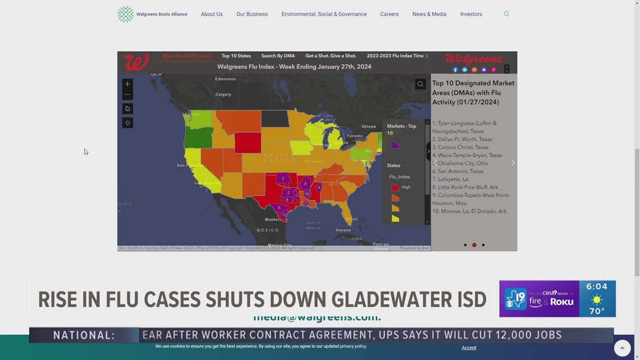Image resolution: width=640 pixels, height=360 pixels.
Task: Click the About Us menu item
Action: (212, 14)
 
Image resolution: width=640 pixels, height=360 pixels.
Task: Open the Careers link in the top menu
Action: (389, 14)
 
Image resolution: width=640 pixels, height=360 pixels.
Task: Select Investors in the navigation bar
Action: (470, 14)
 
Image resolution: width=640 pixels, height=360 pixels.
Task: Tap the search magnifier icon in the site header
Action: (506, 14)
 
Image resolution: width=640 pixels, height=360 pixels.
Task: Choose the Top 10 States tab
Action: (236, 56)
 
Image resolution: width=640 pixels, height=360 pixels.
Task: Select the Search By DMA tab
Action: (278, 56)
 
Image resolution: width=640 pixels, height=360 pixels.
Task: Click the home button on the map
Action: (127, 109)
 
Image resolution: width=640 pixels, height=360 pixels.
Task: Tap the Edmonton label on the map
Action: (225, 79)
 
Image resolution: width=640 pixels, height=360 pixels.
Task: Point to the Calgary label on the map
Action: (223, 94)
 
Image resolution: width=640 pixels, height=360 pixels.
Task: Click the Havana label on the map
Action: (343, 230)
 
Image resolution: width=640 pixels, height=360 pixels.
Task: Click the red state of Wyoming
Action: (248, 142)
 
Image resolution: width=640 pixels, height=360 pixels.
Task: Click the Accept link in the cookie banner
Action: (469, 348)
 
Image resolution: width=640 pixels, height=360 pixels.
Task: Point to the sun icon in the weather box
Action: (597, 300)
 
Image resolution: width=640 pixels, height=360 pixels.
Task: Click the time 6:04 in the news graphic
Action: (596, 286)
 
